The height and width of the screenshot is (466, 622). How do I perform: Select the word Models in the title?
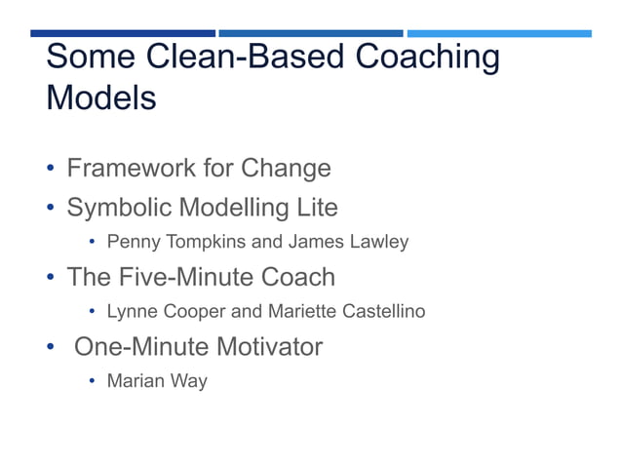(x=101, y=98)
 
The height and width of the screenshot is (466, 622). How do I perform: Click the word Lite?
(x=317, y=208)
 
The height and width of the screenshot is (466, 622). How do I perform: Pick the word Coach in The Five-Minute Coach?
(x=300, y=277)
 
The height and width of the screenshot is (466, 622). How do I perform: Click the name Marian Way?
(x=157, y=381)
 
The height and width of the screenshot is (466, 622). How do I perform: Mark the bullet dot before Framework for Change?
(x=50, y=171)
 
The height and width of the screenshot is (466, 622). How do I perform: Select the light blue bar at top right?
(x=499, y=33)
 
